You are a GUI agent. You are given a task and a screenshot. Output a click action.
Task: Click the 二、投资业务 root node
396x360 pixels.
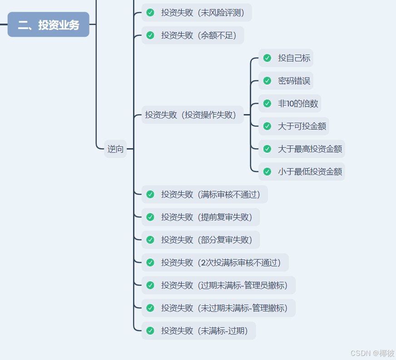tap(49, 25)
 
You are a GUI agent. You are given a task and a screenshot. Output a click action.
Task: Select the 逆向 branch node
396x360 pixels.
tap(115, 149)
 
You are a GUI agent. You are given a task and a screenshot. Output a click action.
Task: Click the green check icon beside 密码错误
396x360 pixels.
tap(267, 81)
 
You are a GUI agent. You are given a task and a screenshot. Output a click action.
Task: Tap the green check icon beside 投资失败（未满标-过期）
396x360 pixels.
tap(150, 331)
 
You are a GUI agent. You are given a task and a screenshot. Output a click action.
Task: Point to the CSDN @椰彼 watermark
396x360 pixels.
tap(372, 353)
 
